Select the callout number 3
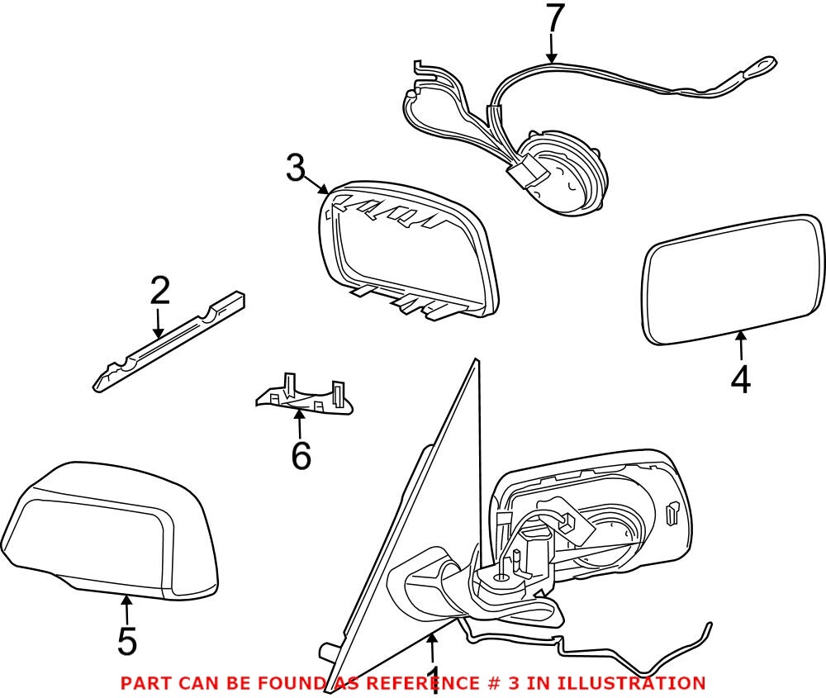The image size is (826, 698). click(x=296, y=169)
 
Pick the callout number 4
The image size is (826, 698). click(x=740, y=379)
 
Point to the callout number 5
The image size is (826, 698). click(x=126, y=641)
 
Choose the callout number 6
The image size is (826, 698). click(x=301, y=455)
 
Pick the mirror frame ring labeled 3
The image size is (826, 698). click(x=405, y=248)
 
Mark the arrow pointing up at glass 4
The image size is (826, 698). click(x=741, y=343)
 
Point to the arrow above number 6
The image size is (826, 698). click(x=300, y=421)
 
